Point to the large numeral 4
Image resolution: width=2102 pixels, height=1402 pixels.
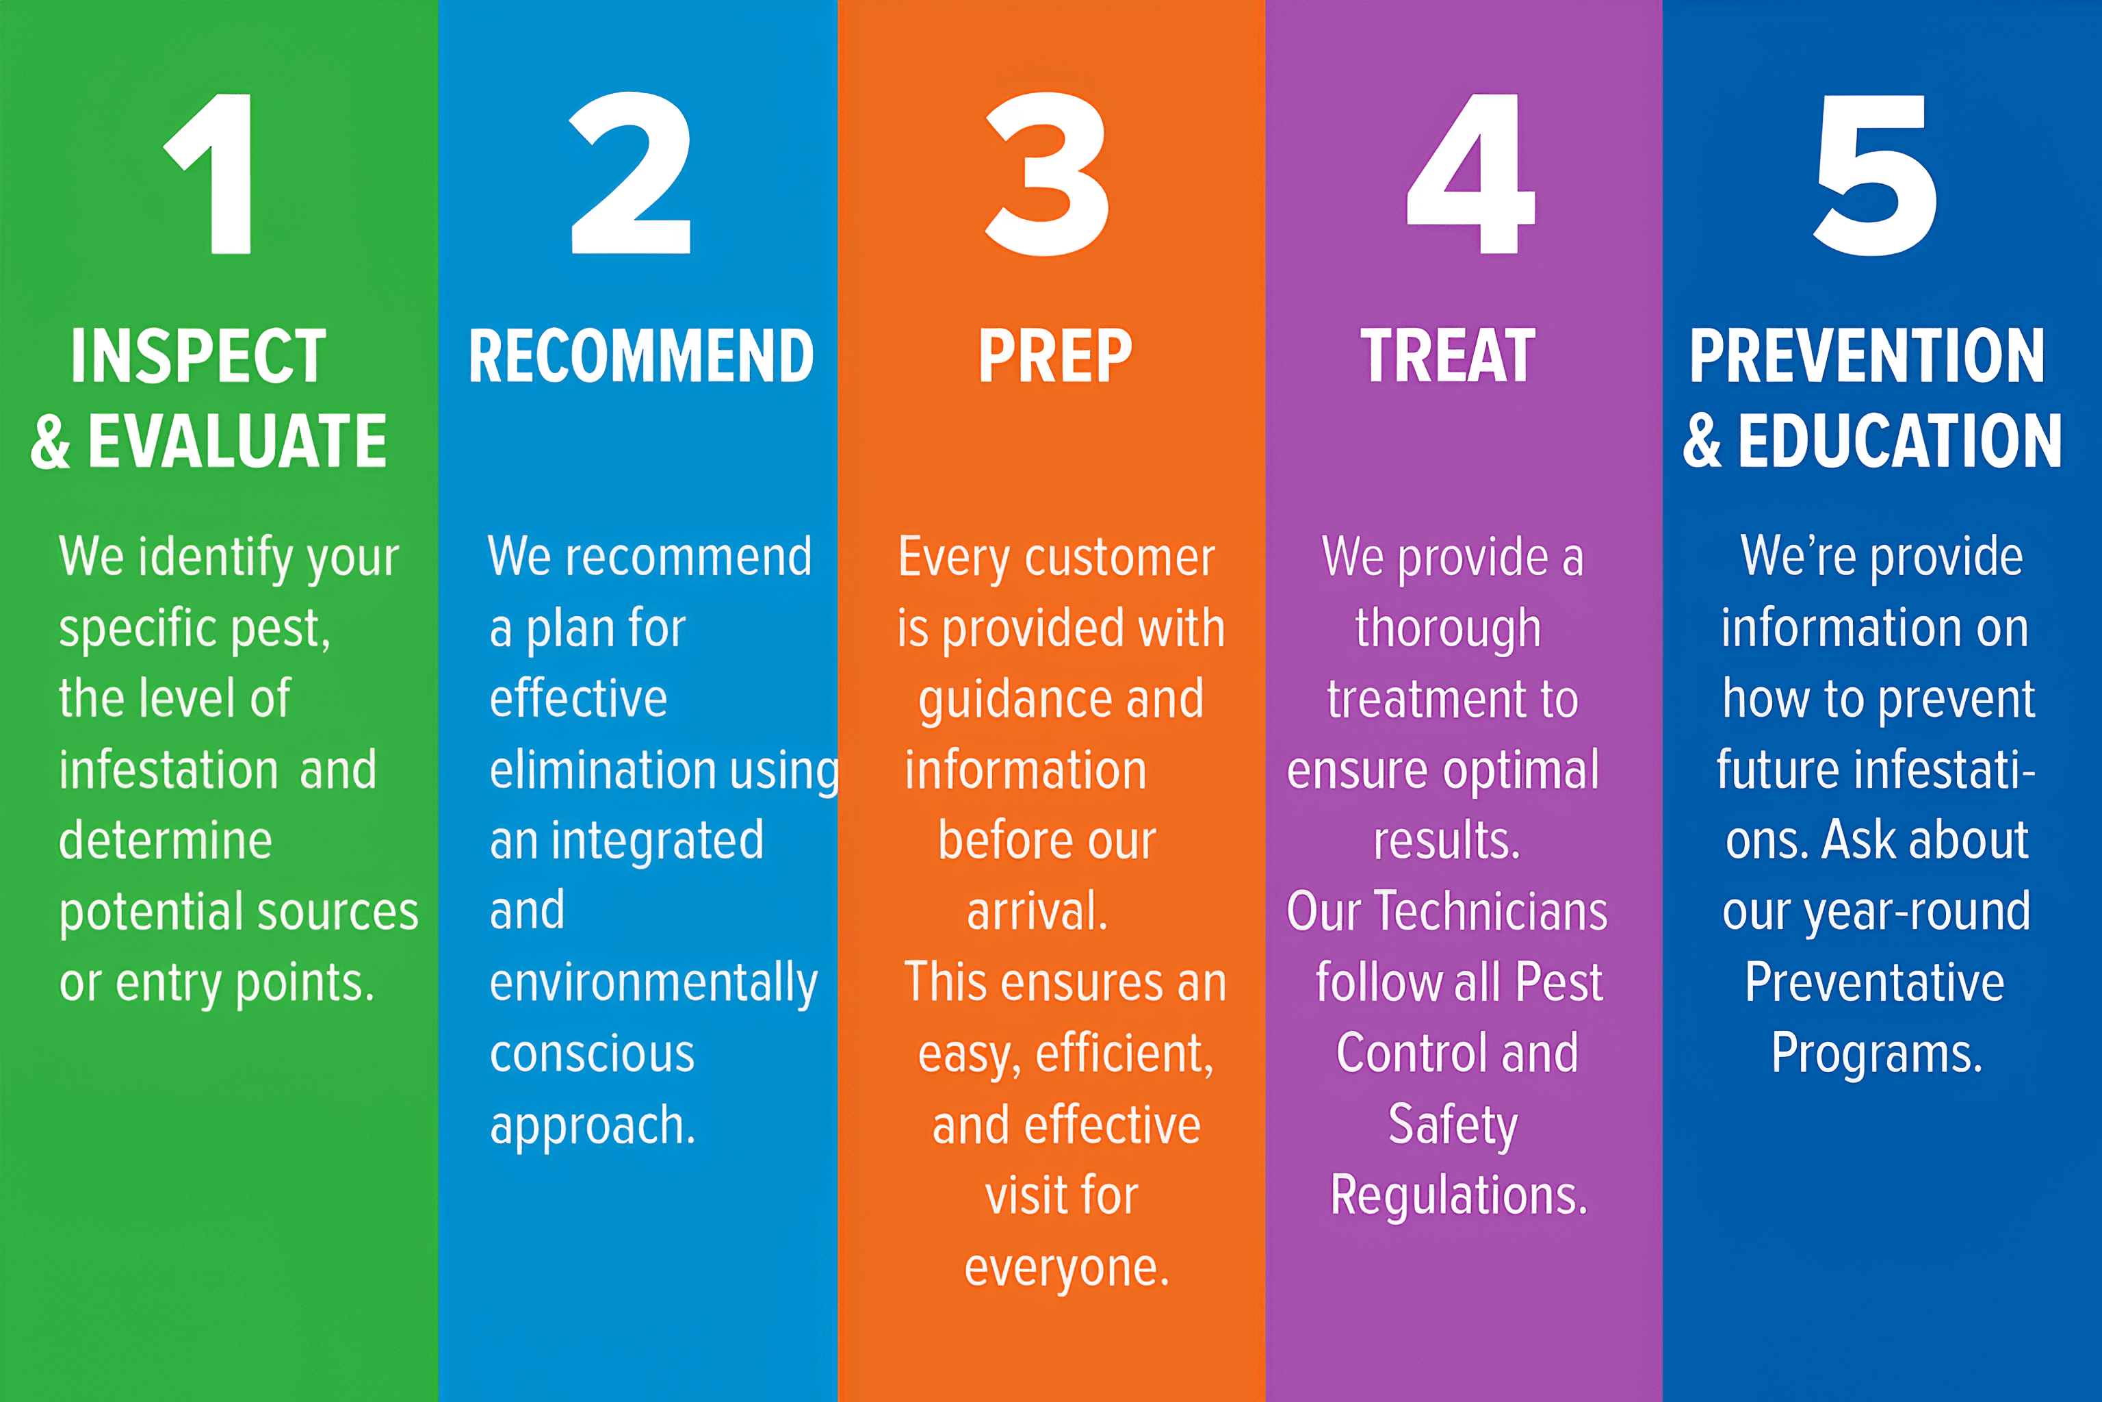(x=1470, y=175)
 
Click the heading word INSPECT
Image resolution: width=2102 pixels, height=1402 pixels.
(x=198, y=356)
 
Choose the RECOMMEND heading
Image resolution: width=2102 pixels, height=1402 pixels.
(x=640, y=356)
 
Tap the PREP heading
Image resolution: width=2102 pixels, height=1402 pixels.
(x=1054, y=356)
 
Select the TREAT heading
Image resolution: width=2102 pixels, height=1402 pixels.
(x=1448, y=356)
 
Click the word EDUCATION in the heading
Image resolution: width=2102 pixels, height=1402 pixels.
(x=1899, y=441)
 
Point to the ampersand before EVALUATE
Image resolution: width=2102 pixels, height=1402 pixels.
(x=50, y=442)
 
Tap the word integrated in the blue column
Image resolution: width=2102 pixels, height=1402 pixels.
(x=657, y=841)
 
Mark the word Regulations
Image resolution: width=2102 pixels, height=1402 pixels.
(x=1459, y=1197)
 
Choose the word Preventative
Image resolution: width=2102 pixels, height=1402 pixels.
(x=1875, y=982)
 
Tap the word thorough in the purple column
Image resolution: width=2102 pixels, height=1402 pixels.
(x=1448, y=628)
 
